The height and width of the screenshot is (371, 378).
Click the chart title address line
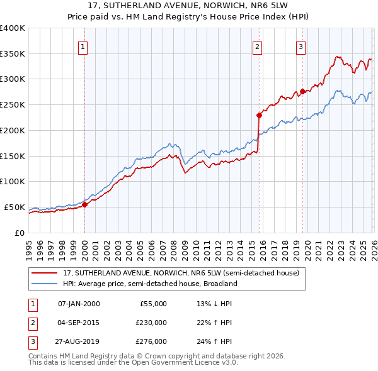tap(189, 6)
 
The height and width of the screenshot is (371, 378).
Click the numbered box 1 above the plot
tap(84, 46)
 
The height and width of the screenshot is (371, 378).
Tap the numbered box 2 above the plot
tap(258, 46)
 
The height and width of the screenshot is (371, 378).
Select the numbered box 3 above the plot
tap(301, 46)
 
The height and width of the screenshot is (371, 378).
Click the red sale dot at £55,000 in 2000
tap(84, 204)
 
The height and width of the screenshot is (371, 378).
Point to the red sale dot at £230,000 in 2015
tap(259, 115)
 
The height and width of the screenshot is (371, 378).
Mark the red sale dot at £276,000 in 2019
tap(302, 91)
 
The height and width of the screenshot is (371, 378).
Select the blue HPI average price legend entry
tap(149, 284)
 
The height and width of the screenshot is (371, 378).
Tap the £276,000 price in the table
tap(151, 341)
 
